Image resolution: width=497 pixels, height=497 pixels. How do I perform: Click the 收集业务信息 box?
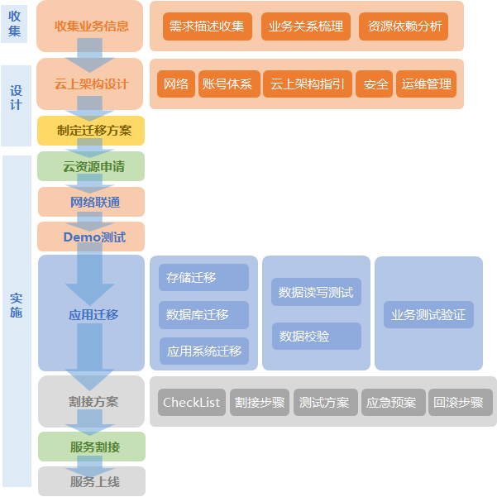pyautogui.click(x=91, y=26)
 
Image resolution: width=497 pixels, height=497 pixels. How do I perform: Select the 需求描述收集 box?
pyautogui.click(x=207, y=26)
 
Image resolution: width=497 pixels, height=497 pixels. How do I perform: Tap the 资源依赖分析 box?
pyautogui.click(x=404, y=26)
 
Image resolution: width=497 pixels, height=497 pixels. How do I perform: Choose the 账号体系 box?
pyautogui.click(x=227, y=84)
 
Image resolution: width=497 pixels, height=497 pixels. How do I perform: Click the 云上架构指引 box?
pyautogui.click(x=308, y=84)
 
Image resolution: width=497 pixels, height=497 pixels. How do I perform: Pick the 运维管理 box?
pyautogui.click(x=426, y=84)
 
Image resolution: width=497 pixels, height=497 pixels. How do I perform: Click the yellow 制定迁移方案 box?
pyautogui.click(x=91, y=131)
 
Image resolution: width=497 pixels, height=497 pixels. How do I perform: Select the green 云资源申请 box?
pyautogui.click(x=91, y=166)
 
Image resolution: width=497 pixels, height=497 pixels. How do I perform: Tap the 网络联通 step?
pyautogui.click(x=91, y=202)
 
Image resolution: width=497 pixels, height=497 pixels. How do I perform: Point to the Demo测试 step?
pyautogui.click(x=91, y=237)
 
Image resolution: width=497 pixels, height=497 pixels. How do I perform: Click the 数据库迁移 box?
pyautogui.click(x=203, y=315)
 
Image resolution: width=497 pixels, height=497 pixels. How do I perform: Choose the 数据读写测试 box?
pyautogui.click(x=316, y=292)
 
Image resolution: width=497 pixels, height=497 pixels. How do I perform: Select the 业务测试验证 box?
pyautogui.click(x=428, y=315)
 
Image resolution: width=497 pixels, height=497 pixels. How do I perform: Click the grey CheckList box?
pyautogui.click(x=192, y=403)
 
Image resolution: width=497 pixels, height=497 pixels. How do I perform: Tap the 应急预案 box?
pyautogui.click(x=392, y=403)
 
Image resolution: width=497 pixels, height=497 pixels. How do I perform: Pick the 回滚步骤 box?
pyautogui.click(x=460, y=403)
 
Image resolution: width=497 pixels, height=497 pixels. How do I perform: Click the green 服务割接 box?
pyautogui.click(x=91, y=447)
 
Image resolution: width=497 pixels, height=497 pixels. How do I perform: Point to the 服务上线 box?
pyautogui.click(x=91, y=481)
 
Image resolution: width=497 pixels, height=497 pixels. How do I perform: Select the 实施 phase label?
pyautogui.click(x=17, y=306)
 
